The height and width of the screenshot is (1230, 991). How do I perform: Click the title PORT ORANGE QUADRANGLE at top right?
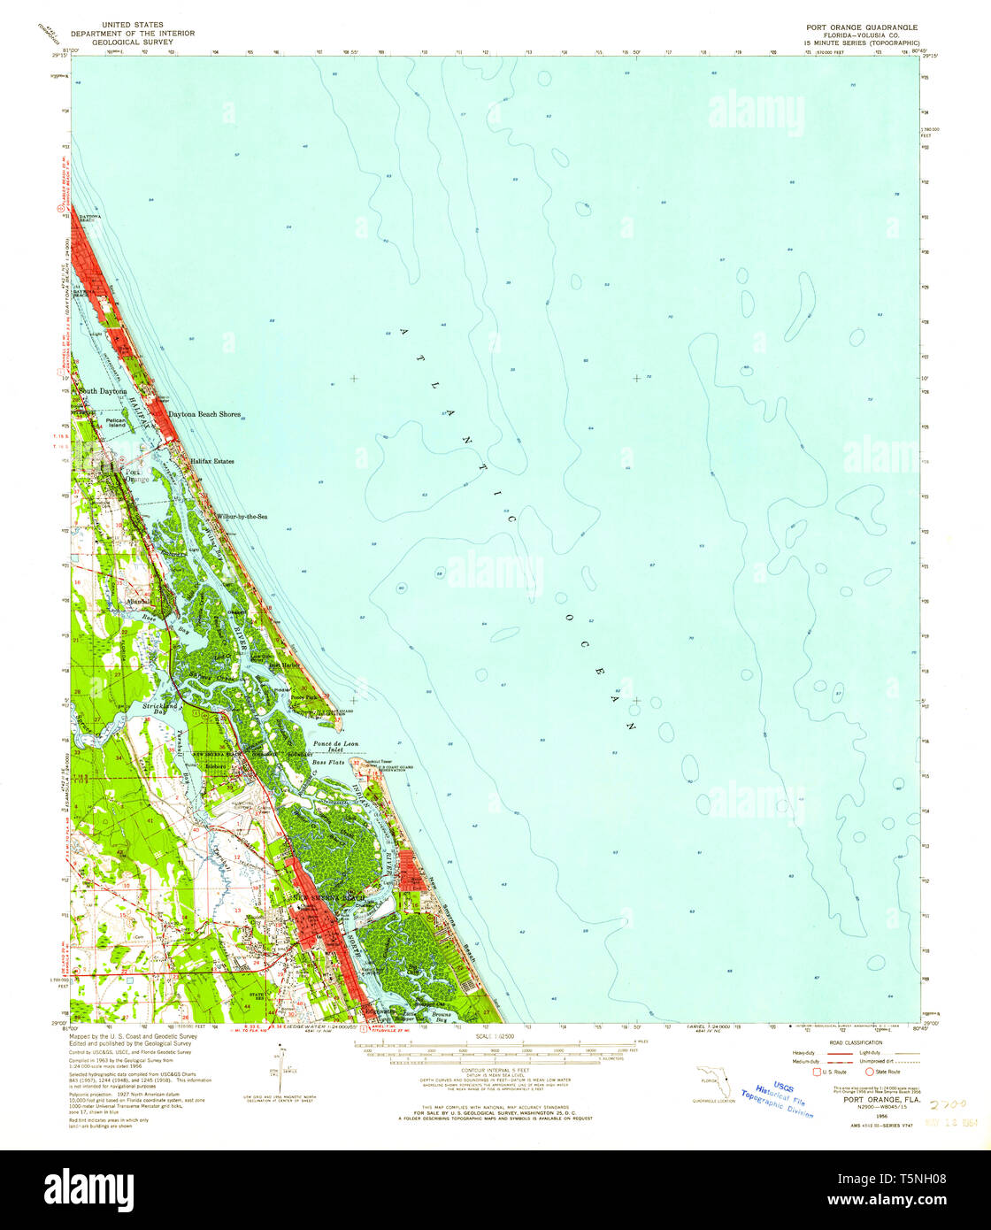[x=855, y=27]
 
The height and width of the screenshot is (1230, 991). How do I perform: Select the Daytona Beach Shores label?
[x=204, y=414]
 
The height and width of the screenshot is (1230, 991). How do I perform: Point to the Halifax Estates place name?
[x=212, y=461]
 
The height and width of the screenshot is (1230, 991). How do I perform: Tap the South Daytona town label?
[x=103, y=390]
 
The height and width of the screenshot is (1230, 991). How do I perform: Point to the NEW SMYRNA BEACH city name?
[x=328, y=898]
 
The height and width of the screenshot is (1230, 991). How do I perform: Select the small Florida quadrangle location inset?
[x=712, y=1082]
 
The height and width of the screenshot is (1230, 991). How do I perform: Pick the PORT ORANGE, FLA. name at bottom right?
[x=875, y=1103]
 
